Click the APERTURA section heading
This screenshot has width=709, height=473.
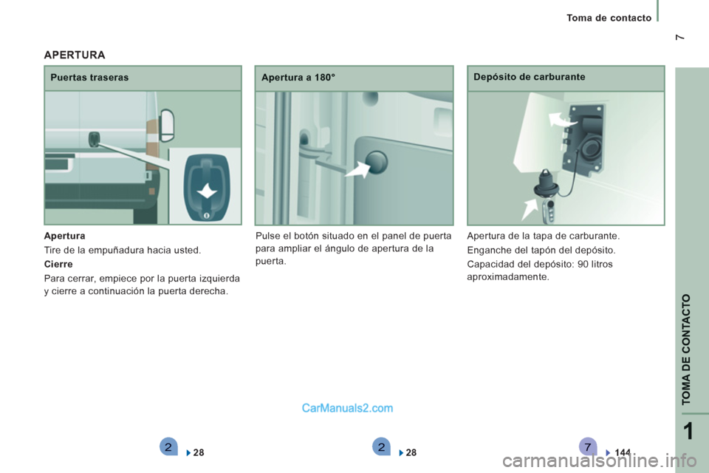(75, 55)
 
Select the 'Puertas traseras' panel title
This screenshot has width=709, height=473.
(89, 78)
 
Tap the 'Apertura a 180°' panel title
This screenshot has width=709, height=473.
(298, 78)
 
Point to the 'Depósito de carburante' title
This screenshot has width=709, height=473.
(530, 77)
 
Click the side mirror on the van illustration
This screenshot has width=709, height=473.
(167, 125)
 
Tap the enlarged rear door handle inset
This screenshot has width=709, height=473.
(207, 188)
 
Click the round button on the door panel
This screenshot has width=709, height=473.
(377, 162)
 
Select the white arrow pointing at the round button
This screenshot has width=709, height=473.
(357, 170)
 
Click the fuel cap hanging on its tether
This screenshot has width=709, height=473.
(547, 185)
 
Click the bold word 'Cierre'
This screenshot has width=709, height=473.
(58, 264)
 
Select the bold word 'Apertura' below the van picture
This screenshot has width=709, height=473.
(65, 236)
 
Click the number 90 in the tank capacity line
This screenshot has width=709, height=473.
(583, 264)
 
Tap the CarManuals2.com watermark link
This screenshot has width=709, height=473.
(347, 408)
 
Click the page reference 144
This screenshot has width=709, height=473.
(623, 452)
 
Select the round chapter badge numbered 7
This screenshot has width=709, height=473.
(587, 446)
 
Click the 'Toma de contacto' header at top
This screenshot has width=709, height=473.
(609, 18)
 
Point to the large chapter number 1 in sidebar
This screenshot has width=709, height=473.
(688, 431)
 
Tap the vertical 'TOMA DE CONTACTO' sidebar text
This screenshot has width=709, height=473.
(686, 349)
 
